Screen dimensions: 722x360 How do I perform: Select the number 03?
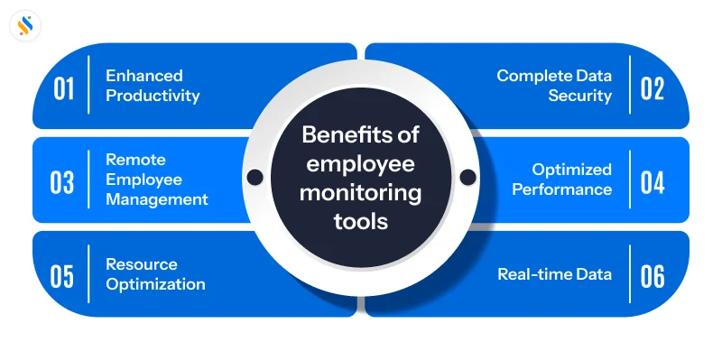[x=62, y=181]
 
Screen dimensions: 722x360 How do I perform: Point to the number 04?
[x=653, y=181]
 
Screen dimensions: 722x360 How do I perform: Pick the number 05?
[x=62, y=275]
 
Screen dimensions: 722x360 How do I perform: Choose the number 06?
[x=653, y=275]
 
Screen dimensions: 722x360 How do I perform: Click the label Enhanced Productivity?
[x=152, y=86]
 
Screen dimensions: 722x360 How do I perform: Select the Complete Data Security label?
[x=553, y=86]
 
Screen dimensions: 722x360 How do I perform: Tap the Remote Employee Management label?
[x=156, y=180]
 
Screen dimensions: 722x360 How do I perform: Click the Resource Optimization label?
[x=154, y=274]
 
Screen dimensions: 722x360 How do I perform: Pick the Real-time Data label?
[x=554, y=274]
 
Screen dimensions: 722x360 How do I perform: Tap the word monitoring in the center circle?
[x=361, y=192]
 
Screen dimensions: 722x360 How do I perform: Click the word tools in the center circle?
[x=361, y=220]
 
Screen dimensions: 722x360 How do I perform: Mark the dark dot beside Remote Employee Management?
[x=255, y=176]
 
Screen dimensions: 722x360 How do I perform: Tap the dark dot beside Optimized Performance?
[x=467, y=176]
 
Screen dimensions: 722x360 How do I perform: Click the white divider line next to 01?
[x=88, y=86]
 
